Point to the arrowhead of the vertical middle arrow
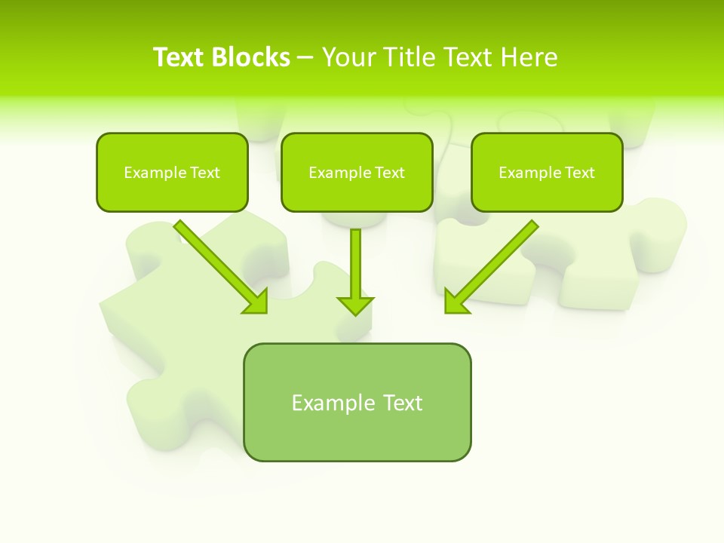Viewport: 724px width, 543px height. point(355,305)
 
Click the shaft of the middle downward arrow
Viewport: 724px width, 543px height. point(355,260)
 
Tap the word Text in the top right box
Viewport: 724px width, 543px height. point(580,173)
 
